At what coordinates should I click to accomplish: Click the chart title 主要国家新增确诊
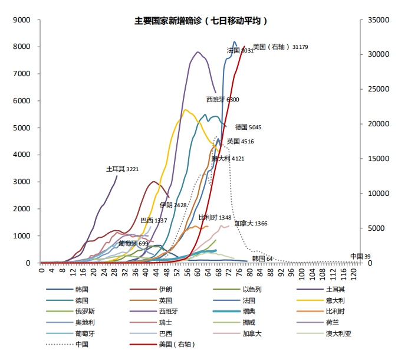click(200, 21)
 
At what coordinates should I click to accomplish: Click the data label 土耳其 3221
click(122, 169)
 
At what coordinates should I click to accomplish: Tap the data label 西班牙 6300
click(222, 100)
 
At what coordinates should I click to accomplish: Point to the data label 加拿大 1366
click(251, 224)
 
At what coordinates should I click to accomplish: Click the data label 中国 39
click(360, 256)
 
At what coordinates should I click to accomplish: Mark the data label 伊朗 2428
click(173, 205)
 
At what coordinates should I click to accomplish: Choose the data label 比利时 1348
click(215, 217)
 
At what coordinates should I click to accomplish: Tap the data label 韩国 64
click(262, 258)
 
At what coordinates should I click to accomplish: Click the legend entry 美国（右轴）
click(177, 344)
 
